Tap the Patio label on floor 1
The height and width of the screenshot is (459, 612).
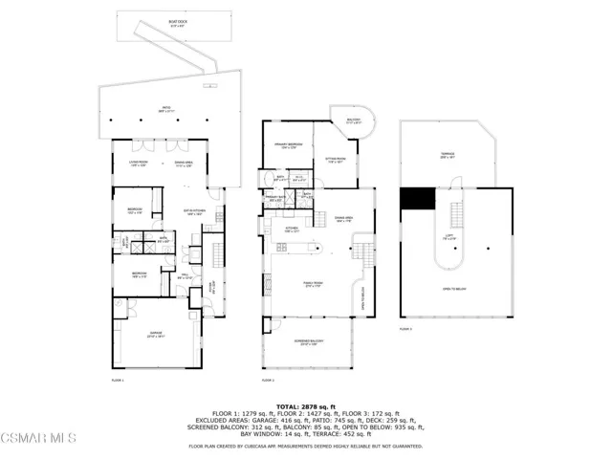tap(164, 110)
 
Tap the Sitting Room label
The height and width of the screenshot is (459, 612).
tap(337, 162)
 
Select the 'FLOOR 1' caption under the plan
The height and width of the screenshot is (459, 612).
tap(119, 380)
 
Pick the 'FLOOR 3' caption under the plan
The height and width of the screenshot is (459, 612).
tap(405, 329)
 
